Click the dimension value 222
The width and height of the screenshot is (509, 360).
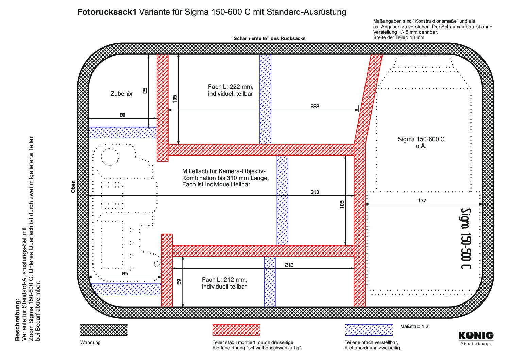[315, 106]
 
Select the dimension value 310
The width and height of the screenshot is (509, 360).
[315, 192]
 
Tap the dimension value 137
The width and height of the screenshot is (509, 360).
[422, 200]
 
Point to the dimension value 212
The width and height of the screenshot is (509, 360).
[289, 265]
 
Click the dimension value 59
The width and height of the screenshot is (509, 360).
[179, 282]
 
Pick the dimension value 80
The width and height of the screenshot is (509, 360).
[122, 115]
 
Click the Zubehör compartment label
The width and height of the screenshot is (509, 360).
[122, 94]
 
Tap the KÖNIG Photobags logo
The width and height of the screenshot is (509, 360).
[476, 339]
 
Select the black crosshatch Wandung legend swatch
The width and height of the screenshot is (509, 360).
[103, 330]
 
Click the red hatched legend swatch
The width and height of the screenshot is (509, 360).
[236, 330]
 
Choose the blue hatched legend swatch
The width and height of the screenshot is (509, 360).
[369, 330]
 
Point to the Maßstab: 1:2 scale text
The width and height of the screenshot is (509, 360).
[414, 326]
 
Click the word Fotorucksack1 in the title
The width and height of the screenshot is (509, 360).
[107, 12]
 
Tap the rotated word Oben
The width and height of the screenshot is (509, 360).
[73, 187]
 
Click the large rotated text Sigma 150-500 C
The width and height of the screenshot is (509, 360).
[466, 238]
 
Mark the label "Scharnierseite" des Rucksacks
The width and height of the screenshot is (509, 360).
[268, 39]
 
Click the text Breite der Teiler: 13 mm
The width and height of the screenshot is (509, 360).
[398, 37]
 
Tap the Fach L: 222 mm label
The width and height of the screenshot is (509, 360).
[231, 87]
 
